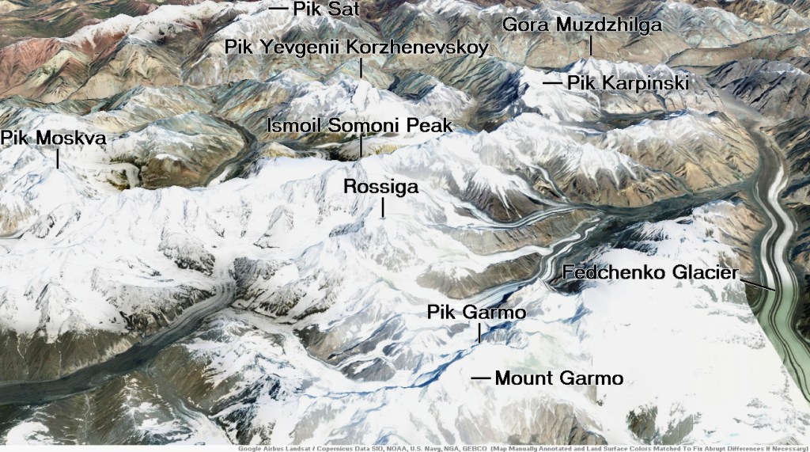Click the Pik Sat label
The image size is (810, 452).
pos(326,9)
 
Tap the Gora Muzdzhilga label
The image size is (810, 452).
pos(582,25)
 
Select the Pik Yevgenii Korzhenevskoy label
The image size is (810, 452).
pos(356,47)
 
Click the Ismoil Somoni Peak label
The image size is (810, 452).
pos(360,125)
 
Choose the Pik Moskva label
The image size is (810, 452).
pos(53,138)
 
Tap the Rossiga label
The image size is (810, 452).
pos(381,187)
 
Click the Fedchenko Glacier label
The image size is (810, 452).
pos(650,273)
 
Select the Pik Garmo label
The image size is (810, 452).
pos(476,313)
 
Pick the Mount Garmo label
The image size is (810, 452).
pos(558,378)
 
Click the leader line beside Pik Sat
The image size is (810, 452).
pos(278,8)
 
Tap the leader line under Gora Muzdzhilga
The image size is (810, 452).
pos(590,45)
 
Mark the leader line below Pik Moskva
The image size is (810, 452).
pos(58,159)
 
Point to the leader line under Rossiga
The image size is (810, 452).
pos(384,207)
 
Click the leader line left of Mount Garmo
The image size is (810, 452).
pos(480,378)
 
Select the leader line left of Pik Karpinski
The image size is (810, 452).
pos(551,82)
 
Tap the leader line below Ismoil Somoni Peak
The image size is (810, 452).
pos(361,146)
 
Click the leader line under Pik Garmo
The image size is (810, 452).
pos(479,333)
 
